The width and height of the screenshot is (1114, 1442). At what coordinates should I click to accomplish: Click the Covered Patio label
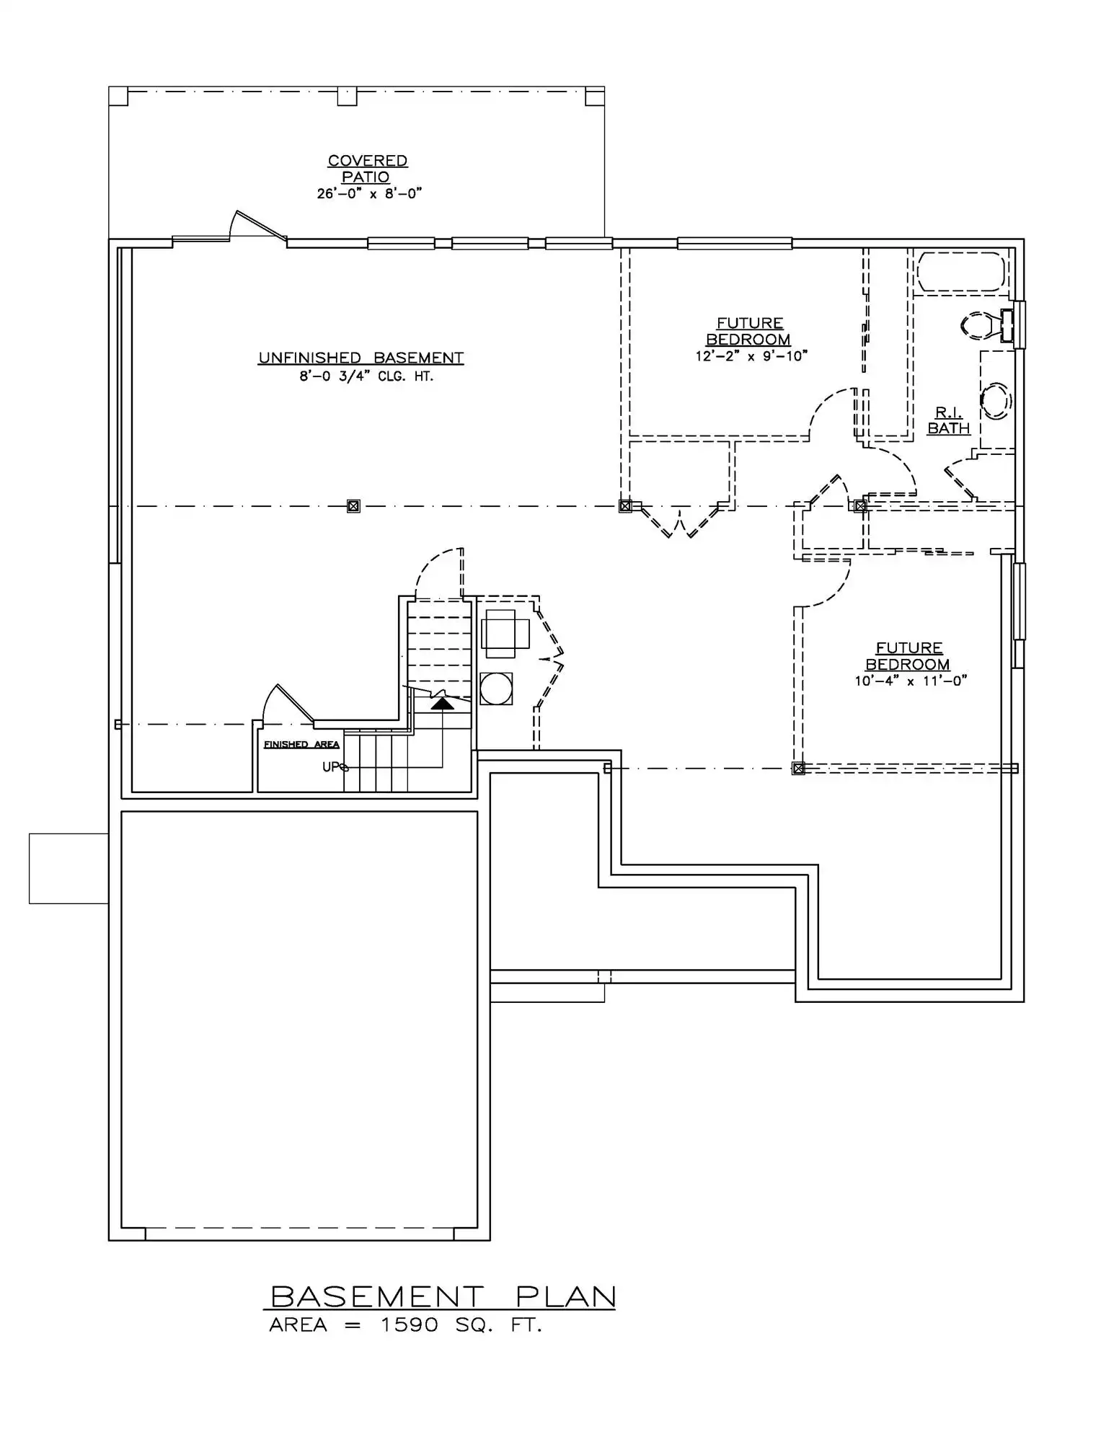[x=368, y=169]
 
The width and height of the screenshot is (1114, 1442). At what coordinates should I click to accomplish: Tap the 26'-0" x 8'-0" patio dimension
[x=368, y=193]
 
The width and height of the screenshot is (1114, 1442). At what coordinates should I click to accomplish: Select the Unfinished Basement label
[x=361, y=358]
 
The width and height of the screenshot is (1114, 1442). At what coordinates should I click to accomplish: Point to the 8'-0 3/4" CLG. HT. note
[x=366, y=376]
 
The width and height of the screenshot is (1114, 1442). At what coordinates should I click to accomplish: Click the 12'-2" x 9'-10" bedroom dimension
[x=751, y=355]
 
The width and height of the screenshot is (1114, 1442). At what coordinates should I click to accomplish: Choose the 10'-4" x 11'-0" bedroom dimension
[x=910, y=681]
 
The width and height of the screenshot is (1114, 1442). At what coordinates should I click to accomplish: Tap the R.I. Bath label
[x=949, y=420]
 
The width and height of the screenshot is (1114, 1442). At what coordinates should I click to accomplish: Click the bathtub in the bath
[x=960, y=271]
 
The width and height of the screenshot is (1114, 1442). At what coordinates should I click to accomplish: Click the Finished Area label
[x=301, y=744]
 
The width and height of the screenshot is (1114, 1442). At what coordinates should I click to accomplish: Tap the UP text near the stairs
[x=331, y=766]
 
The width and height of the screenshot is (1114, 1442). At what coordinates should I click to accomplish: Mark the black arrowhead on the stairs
[x=443, y=702]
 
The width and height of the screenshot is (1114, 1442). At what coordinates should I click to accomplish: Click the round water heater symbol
[x=495, y=689]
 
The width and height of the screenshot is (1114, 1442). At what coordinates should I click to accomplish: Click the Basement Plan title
[x=443, y=1297]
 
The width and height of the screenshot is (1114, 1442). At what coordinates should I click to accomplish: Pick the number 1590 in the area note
[x=409, y=1324]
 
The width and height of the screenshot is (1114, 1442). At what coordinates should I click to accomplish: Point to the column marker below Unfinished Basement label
[x=353, y=506]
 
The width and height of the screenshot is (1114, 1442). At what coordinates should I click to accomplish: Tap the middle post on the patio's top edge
[x=348, y=96]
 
